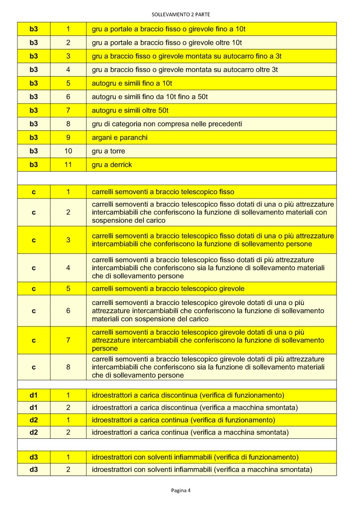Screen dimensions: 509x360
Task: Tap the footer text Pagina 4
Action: [180, 490]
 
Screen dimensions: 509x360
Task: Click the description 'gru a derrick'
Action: [112, 165]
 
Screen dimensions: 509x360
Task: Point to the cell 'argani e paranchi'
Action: [119, 137]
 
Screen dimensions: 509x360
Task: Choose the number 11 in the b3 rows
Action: [68, 165]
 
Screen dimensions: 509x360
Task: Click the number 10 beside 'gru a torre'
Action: [68, 151]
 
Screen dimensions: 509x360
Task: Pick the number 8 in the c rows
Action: [68, 367]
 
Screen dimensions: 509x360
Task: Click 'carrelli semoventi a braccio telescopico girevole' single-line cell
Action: [168, 289]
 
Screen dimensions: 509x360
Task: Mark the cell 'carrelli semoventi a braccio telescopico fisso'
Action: [163, 192]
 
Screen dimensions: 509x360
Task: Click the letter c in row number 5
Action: [34, 289]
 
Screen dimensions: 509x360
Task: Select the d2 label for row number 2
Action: [34, 432]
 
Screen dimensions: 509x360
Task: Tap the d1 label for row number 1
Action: [34, 396]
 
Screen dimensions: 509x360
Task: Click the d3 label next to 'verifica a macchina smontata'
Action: [34, 469]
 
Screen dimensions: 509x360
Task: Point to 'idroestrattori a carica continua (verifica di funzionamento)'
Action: [183, 420]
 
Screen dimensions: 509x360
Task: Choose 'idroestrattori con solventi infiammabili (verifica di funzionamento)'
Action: [195, 457]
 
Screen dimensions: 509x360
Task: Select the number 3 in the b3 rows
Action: [68, 56]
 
